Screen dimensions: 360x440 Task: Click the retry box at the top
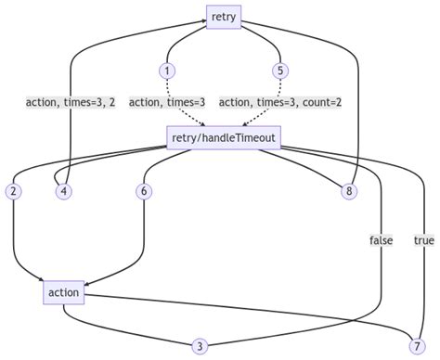tap(224, 16)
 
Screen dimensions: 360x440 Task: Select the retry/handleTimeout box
tap(224, 138)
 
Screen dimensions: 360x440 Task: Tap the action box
tap(63, 293)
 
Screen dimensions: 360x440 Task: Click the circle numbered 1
tap(167, 71)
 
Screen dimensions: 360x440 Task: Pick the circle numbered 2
tap(13, 191)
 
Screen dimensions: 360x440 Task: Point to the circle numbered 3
tap(199, 345)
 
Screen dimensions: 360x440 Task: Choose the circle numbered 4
tap(63, 191)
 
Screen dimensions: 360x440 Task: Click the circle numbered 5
tap(279, 71)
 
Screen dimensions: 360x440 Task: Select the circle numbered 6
tap(143, 191)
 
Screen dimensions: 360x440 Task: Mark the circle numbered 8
tap(349, 191)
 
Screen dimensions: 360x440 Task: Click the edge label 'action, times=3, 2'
tap(70, 103)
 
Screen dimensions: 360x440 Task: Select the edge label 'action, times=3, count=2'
tap(279, 103)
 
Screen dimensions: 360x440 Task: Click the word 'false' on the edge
tap(382, 240)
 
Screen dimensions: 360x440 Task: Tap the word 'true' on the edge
tap(424, 240)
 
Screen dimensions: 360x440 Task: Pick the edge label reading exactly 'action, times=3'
tap(167, 103)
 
